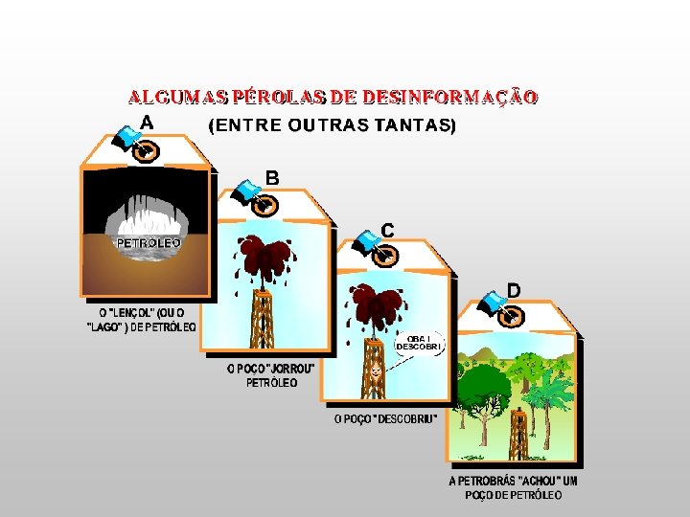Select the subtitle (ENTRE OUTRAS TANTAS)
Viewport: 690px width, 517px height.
332,125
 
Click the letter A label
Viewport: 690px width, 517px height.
147,122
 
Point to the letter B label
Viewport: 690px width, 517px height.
272,177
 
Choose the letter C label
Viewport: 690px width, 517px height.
388,230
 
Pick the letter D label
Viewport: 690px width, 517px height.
514,288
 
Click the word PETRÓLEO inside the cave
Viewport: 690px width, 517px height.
149,243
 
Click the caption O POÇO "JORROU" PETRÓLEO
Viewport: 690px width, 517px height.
270,374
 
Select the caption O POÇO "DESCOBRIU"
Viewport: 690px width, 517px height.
385,418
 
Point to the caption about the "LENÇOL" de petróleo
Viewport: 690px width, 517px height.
142,319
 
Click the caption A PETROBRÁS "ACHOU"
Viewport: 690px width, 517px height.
513,487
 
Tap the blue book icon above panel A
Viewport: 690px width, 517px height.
126,139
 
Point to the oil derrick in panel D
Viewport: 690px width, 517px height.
517,436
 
